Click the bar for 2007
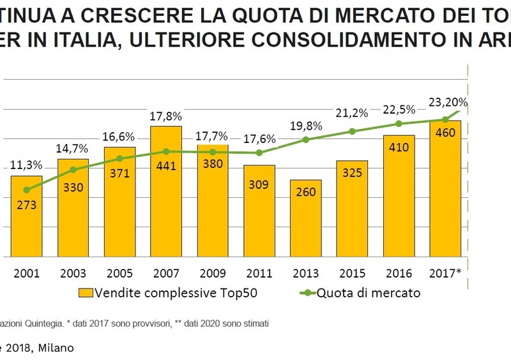[166, 191]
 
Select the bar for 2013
[306, 218]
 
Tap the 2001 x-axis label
[26, 273]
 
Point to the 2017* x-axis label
[445, 273]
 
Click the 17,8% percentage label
[166, 117]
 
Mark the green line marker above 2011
[259, 153]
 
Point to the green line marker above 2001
[26, 190]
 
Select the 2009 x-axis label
[213, 273]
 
